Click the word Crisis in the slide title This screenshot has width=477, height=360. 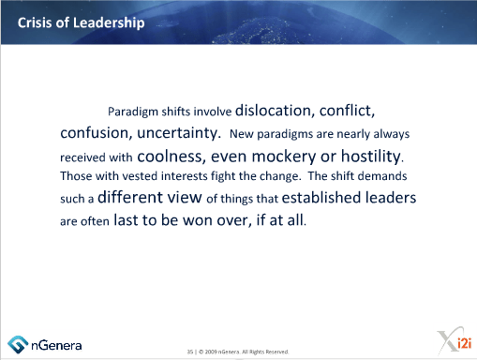click(x=37, y=22)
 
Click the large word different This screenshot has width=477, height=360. click(x=134, y=198)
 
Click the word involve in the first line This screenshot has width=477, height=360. click(x=214, y=110)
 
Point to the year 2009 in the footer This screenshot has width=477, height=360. click(x=214, y=352)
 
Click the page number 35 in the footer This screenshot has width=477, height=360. click(x=191, y=352)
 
